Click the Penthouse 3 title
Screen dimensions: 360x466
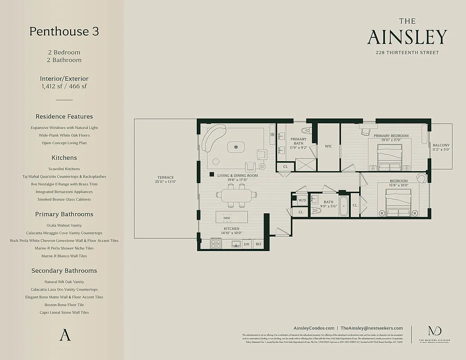point(64,31)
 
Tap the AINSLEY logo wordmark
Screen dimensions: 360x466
point(407,37)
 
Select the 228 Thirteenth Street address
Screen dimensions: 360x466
point(407,53)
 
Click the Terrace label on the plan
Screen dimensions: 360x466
point(166,177)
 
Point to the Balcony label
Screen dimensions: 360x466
point(441,145)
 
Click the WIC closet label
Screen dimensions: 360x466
point(328,146)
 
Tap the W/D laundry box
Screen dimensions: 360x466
point(302,200)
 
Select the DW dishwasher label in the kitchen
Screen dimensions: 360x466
point(246,244)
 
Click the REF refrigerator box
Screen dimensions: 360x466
point(258,244)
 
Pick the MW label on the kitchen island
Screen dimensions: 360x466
point(227,218)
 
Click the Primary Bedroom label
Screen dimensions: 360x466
point(391,136)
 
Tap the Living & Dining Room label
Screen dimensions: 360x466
point(237,175)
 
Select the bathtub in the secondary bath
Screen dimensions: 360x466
point(344,205)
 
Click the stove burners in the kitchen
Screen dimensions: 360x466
point(216,244)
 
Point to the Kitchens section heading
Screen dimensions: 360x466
point(64,158)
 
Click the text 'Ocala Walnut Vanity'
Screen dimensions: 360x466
point(64,225)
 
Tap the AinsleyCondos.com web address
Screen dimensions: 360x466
point(313,328)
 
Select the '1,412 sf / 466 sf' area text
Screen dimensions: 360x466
point(64,86)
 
